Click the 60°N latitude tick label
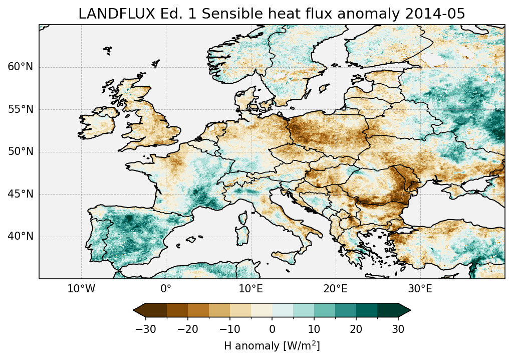[x=20, y=67]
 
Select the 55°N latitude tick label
[x=20, y=110]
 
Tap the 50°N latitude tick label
[x=20, y=152]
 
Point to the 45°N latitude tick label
[x=20, y=194]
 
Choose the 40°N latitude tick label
[x=20, y=236]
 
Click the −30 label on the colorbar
[x=145, y=329]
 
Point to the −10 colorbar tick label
[x=229, y=329]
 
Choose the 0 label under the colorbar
[x=272, y=329]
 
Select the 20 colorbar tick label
[x=356, y=329]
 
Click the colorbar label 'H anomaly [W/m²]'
[x=272, y=345]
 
